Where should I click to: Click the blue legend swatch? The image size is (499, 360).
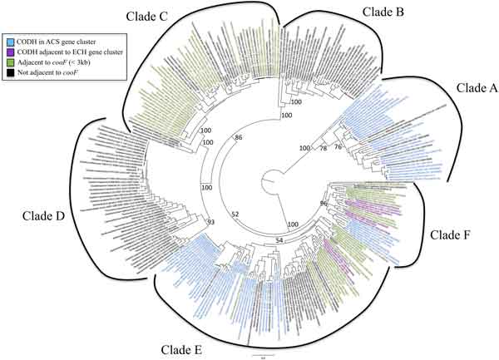click(x=8, y=40)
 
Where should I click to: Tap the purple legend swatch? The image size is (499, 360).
click(x=8, y=50)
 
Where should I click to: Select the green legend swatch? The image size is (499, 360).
click(x=8, y=61)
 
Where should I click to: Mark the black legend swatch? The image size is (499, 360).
click(x=8, y=72)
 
